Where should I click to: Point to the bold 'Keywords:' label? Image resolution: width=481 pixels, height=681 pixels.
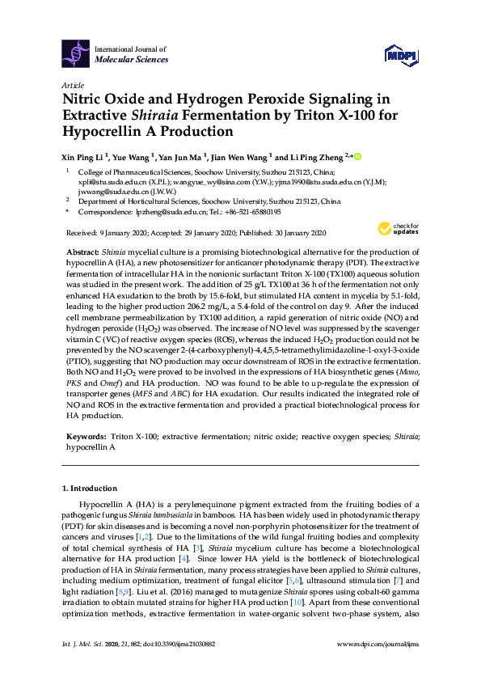tap(86, 436)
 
